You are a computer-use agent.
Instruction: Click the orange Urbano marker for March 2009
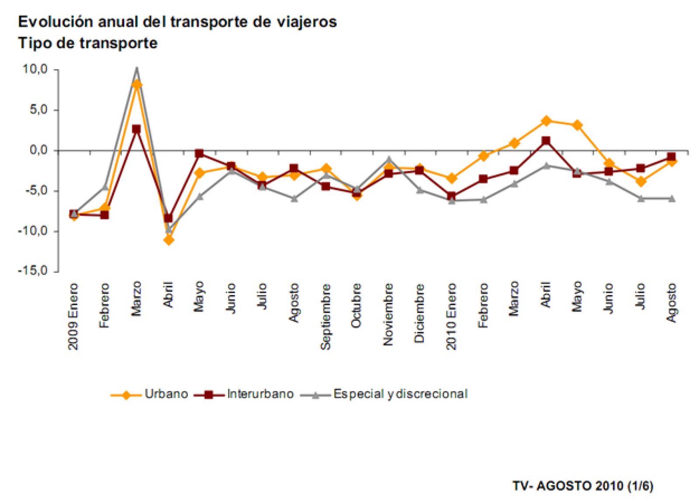point(137,84)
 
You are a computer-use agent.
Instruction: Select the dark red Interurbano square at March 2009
point(136,129)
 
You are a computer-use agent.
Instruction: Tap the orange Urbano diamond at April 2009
point(169,240)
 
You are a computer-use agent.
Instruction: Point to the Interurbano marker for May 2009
point(199,153)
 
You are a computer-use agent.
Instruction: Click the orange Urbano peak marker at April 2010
point(546,121)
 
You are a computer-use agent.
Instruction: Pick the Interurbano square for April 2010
point(546,141)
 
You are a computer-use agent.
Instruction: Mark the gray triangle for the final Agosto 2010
point(672,199)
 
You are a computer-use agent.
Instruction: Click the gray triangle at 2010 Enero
point(452,200)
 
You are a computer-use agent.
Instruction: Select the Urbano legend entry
point(166,394)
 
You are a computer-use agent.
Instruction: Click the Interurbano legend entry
point(260,394)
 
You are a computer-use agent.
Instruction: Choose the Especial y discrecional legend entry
point(400,394)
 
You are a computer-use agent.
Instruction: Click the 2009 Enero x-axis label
point(73,316)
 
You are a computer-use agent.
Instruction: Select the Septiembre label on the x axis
point(325,316)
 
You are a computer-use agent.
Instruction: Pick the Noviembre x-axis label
point(388,314)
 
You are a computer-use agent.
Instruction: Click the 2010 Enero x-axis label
point(451,316)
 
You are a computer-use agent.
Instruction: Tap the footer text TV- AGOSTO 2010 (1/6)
point(583,486)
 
